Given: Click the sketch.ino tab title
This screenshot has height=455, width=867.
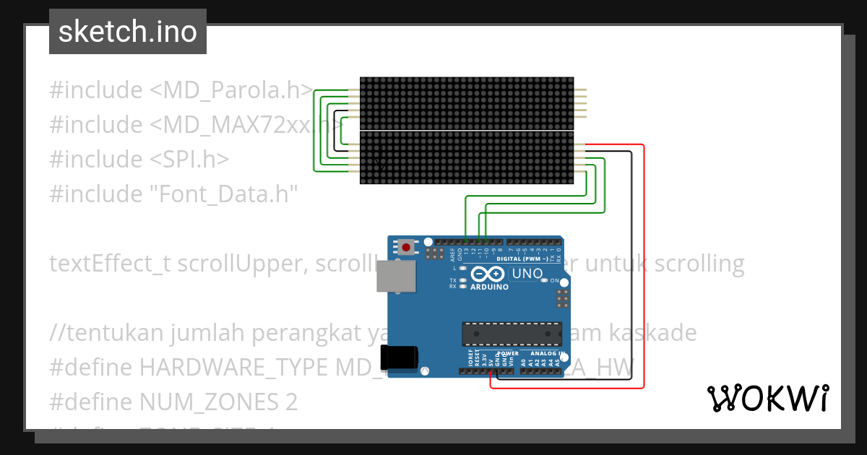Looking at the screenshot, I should click(127, 32).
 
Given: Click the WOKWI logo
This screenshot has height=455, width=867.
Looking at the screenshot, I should click(767, 398).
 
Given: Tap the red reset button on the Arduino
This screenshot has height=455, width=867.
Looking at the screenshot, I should click(406, 248).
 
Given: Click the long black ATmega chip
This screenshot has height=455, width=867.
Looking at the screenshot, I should click(512, 334).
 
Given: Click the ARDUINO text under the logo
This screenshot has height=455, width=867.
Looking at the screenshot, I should click(489, 287).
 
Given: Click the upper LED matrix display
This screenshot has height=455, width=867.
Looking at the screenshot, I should click(467, 103).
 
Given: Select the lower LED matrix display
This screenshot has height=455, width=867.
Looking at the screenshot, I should click(467, 158).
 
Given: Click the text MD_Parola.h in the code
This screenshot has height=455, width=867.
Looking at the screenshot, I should click(231, 91).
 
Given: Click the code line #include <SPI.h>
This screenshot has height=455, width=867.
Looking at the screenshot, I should click(139, 160).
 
